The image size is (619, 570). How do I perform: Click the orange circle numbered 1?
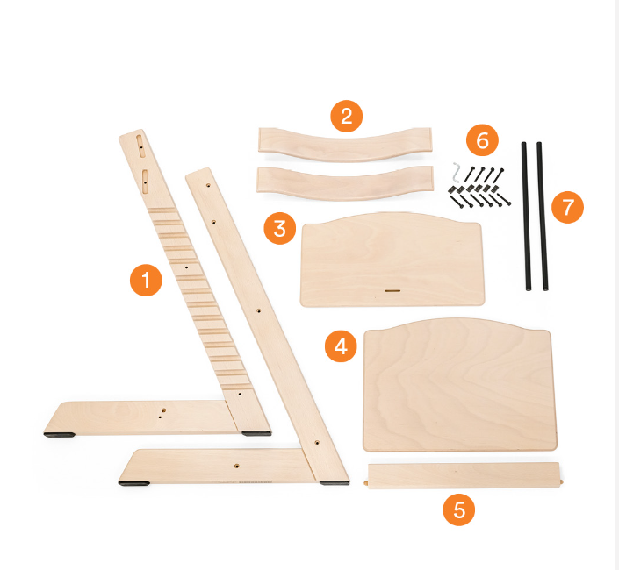tap(146, 280)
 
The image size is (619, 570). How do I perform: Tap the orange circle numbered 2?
tap(346, 117)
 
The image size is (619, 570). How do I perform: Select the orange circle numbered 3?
tap(280, 228)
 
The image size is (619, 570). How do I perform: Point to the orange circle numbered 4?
tap(341, 346)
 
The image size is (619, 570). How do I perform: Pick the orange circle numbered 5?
tap(458, 509)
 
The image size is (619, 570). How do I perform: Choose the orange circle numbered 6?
tap(482, 140)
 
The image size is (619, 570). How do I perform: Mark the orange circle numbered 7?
tap(567, 207)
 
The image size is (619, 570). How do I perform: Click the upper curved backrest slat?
tap(345, 145)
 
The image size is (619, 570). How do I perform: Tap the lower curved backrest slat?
tap(345, 183)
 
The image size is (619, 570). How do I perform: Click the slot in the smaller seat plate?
tap(392, 291)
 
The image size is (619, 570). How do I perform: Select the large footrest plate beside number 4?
tap(460, 384)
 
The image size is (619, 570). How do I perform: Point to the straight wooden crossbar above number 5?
tap(464, 476)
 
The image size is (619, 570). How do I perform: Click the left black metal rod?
tap(526, 217)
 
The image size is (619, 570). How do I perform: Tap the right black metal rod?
tap(542, 217)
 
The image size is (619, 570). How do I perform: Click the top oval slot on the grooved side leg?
tap(140, 146)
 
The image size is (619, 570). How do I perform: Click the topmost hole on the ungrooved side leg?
tap(208, 184)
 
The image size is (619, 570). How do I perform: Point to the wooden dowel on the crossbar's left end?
tap(366, 482)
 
